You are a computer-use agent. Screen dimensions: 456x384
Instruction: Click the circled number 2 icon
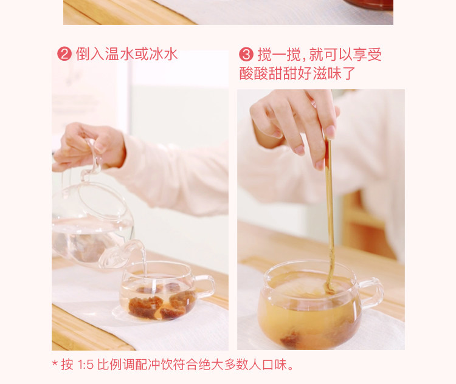(64, 54)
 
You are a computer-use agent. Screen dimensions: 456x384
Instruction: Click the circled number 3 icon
(246, 54)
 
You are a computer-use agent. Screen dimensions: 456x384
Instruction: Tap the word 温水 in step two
(120, 54)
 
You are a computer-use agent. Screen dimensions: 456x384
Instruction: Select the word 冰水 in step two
(164, 54)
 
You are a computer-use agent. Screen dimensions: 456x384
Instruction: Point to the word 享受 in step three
(367, 54)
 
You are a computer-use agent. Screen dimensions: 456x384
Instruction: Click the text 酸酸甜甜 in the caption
(268, 73)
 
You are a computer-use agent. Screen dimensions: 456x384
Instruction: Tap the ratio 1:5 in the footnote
(86, 365)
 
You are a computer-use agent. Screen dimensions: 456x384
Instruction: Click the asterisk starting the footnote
(55, 363)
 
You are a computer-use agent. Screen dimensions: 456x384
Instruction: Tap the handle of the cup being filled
(206, 287)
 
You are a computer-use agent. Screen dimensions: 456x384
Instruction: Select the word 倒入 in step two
(90, 54)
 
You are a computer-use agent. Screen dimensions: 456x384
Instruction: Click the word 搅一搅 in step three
(279, 54)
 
